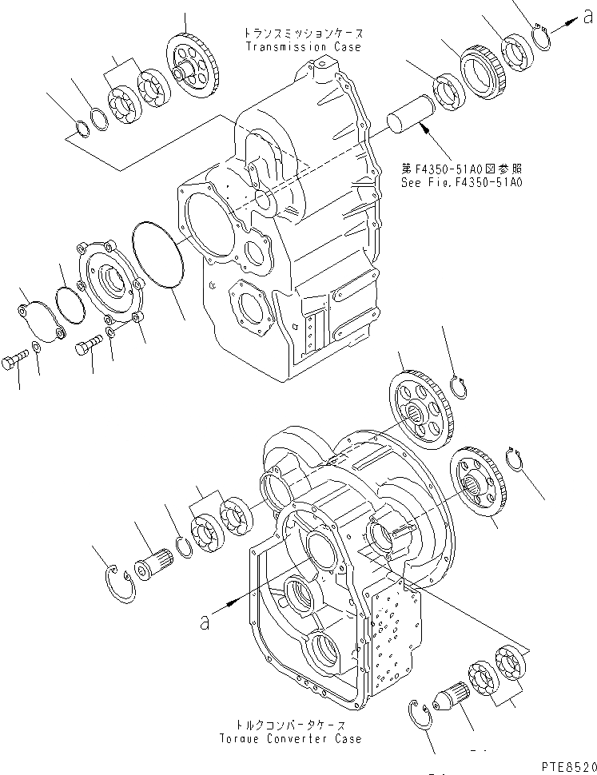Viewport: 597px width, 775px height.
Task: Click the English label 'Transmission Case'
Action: click(x=303, y=47)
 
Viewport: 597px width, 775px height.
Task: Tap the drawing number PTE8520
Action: click(x=564, y=765)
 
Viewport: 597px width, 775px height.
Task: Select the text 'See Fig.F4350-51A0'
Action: click(x=462, y=182)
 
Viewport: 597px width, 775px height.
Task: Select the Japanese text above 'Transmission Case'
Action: click(x=303, y=34)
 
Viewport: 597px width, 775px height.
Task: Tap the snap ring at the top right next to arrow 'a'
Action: click(x=541, y=37)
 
